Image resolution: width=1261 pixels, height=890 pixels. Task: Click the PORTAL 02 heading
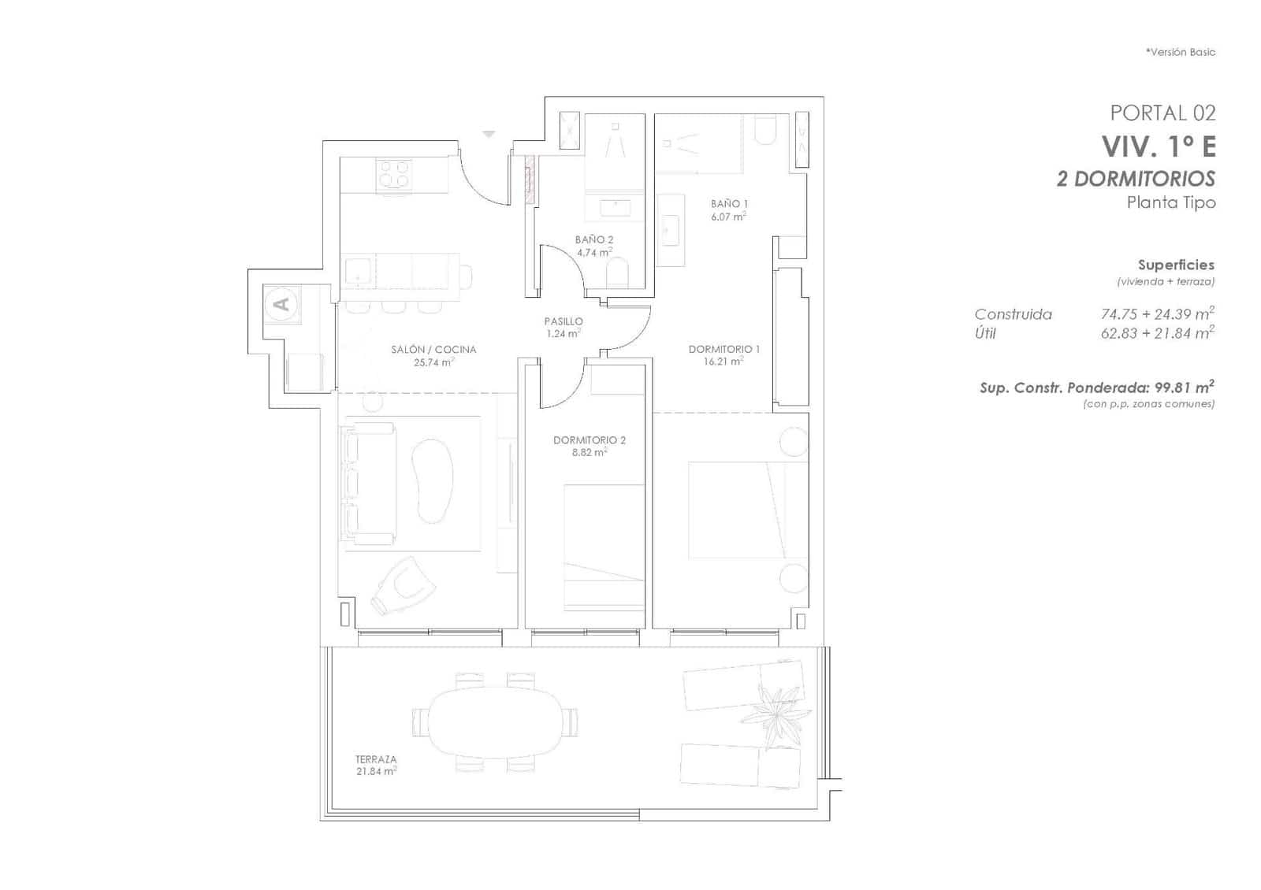tap(1162, 113)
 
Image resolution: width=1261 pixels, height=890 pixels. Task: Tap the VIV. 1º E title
tap(1158, 146)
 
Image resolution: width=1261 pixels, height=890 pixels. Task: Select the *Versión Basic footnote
tap(1180, 52)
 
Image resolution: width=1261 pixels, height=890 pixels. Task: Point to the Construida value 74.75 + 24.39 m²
tap(1156, 313)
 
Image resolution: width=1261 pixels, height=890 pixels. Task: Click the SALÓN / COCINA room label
tap(433, 350)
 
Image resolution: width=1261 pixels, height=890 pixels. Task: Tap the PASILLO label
tap(564, 321)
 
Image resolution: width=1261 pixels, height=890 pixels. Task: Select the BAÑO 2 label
tap(593, 239)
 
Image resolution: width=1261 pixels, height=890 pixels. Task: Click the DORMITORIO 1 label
tap(724, 349)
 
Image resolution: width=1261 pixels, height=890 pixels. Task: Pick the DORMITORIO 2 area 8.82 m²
tap(590, 453)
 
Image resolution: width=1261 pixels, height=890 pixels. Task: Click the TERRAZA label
tap(376, 759)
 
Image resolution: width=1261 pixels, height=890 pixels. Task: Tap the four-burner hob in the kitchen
tap(394, 173)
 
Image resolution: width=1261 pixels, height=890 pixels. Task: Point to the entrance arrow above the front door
tap(489, 135)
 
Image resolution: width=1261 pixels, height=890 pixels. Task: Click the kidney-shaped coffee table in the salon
tap(433, 480)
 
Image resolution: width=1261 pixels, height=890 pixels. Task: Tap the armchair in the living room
tap(404, 586)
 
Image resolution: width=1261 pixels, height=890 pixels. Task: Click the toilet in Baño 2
tap(618, 273)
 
